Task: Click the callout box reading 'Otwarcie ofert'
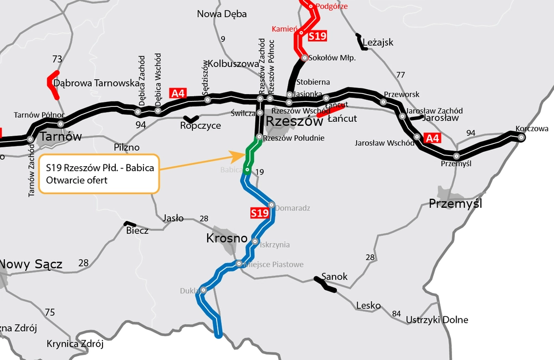pos(100,173)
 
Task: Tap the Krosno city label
pos(226,239)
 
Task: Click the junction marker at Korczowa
pos(521,138)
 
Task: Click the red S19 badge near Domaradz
pos(259,213)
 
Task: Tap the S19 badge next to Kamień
pos(317,37)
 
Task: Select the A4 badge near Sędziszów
pos(177,93)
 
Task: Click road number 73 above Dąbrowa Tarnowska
pos(57,59)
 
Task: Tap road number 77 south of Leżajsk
pos(401,75)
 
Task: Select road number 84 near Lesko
pos(396,315)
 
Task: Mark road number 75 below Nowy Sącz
pos(50,313)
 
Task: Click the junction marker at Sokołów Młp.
pos(304,58)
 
